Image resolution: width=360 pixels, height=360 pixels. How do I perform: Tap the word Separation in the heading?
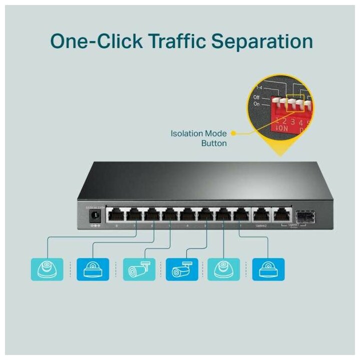(x=263, y=41)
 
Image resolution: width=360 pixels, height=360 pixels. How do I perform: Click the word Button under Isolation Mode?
(x=214, y=143)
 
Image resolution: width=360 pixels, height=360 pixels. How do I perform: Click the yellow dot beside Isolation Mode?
(x=233, y=133)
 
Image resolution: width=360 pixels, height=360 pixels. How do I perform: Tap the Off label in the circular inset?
(x=256, y=97)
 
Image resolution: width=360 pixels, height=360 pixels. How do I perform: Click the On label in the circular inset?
(x=257, y=104)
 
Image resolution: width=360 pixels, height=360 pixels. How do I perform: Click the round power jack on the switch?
(x=93, y=215)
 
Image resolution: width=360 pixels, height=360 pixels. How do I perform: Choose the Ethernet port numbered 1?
(x=241, y=215)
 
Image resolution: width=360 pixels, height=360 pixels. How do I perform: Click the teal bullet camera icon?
(x=136, y=269)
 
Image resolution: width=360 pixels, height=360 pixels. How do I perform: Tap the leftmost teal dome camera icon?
(x=47, y=269)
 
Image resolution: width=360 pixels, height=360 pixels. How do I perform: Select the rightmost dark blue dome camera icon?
(x=268, y=269)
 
